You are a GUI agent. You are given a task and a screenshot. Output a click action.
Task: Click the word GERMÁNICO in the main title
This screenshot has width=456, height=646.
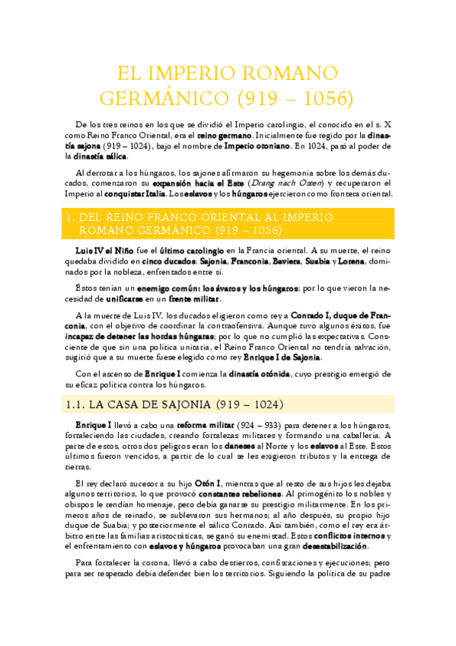[156, 98]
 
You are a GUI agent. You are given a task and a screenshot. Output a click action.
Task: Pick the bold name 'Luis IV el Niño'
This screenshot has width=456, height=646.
[98, 250]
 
